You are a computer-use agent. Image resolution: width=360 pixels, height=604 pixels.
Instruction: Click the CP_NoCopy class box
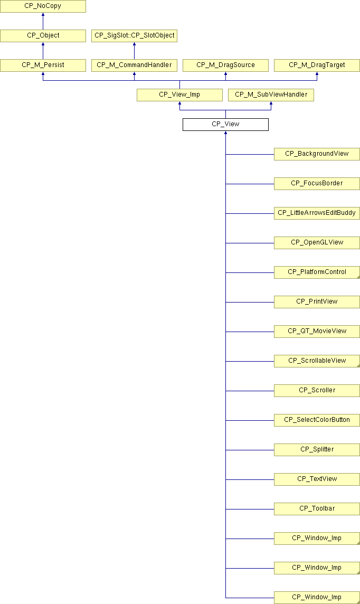point(43,6)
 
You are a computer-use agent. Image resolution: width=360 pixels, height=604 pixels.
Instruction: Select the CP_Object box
point(43,35)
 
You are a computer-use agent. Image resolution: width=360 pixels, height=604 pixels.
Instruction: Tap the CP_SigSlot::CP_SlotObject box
point(135,35)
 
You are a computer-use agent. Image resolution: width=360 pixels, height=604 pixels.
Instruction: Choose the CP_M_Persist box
point(43,65)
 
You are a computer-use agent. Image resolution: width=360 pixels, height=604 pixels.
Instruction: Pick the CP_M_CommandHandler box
point(135,65)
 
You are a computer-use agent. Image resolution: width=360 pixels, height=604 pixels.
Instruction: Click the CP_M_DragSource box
point(225,65)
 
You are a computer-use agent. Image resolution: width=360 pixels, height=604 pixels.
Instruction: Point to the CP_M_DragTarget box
point(317,65)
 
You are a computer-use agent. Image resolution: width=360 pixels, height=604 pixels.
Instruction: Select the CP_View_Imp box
point(180,95)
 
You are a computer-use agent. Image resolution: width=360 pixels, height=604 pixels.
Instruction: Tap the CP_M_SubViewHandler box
point(271,95)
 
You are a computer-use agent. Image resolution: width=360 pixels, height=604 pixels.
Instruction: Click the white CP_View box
point(225,125)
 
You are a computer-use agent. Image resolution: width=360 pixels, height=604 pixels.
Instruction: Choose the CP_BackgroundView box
point(317,154)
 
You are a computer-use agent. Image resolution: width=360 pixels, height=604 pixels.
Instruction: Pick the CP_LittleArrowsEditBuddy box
point(317,213)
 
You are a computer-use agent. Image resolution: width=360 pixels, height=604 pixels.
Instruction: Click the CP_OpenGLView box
point(317,243)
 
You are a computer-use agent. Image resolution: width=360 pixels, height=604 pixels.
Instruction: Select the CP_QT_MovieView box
point(317,331)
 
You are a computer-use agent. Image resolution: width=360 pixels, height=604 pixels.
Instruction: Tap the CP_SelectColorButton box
point(317,420)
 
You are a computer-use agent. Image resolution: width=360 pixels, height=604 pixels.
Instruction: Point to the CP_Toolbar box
point(317,509)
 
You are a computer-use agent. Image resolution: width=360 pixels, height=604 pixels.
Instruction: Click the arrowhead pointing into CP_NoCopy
point(43,14)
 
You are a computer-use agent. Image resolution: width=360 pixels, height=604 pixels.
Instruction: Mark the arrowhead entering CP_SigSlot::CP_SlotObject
point(135,44)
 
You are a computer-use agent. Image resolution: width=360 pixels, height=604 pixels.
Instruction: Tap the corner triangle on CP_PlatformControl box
point(358,277)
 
